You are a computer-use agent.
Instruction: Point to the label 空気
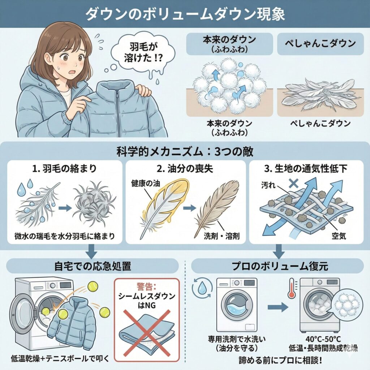[339, 236]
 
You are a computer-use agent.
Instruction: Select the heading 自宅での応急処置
[94, 267]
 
